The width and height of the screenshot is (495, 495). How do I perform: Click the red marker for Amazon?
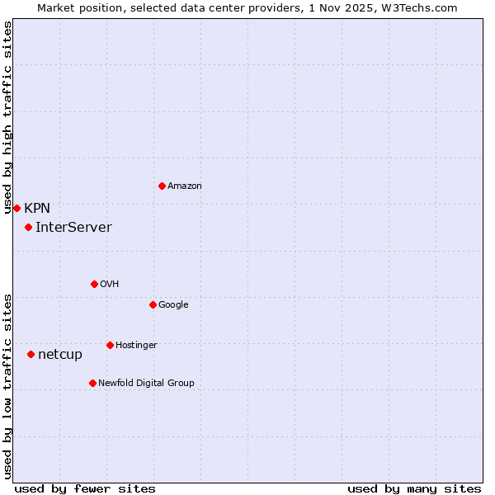click(162, 186)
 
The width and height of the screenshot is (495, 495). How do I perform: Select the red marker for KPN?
click(16, 208)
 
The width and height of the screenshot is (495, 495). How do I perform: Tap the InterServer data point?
click(28, 227)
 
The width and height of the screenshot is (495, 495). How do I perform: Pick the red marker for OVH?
click(94, 284)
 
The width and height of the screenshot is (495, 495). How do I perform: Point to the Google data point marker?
click(153, 304)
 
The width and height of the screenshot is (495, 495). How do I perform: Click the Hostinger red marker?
click(110, 345)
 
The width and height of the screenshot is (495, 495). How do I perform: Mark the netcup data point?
click(31, 354)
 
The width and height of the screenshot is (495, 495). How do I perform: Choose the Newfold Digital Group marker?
click(92, 383)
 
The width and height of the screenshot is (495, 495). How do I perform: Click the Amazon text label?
click(185, 186)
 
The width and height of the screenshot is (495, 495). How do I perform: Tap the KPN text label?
click(37, 209)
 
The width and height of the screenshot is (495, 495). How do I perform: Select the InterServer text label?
click(73, 228)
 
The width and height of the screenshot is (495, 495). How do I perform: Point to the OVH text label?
click(110, 285)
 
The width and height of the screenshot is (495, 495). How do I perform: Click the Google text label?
click(173, 305)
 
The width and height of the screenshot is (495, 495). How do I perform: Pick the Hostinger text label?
click(136, 346)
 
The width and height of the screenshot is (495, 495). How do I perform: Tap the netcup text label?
click(60, 355)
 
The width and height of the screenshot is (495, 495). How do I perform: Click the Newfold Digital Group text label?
click(146, 384)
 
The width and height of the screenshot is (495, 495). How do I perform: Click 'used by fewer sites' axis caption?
click(85, 488)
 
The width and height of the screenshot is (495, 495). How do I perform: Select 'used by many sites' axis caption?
click(414, 488)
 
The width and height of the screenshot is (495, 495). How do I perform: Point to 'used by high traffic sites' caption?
click(7, 117)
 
